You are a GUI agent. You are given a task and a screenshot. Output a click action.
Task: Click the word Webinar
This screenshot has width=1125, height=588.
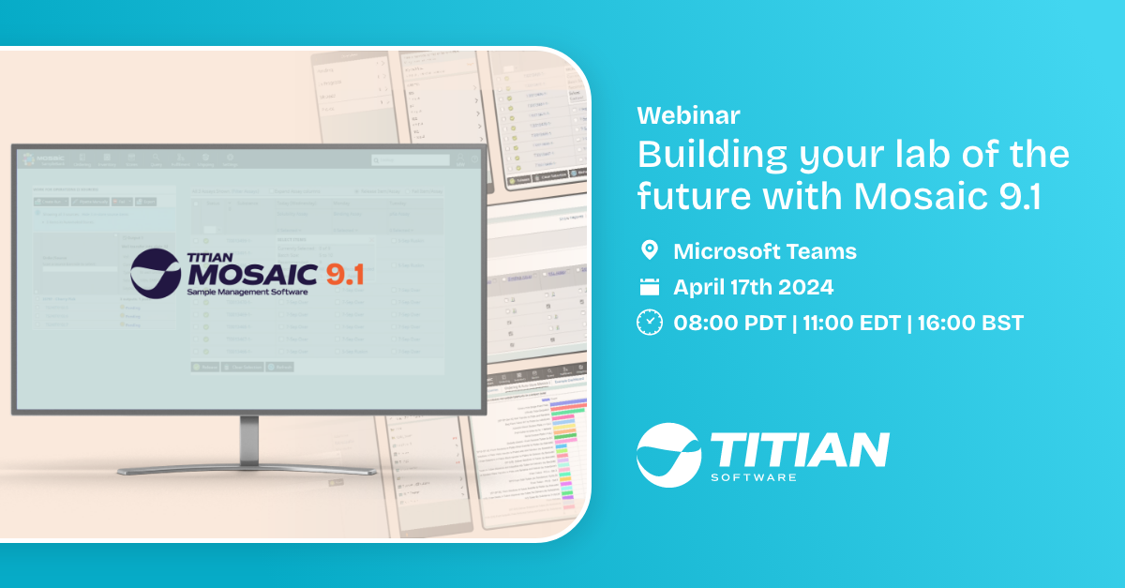tap(688, 115)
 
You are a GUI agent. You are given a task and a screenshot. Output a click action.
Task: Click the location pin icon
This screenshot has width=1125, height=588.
tap(649, 250)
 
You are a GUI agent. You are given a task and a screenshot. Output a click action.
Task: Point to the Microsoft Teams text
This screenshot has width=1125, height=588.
tap(765, 251)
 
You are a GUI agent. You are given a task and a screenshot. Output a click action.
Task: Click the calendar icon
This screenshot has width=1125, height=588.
tap(649, 287)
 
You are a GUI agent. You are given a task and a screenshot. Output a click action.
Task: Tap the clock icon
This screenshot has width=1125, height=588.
tap(649, 323)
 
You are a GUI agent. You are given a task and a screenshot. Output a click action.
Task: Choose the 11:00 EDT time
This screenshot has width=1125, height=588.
tap(850, 324)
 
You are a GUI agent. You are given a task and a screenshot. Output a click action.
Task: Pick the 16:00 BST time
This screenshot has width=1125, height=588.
tap(971, 324)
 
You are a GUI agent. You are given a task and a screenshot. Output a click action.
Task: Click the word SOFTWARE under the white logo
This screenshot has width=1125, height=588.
tap(755, 478)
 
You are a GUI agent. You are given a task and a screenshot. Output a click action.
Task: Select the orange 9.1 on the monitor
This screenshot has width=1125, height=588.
tap(340, 276)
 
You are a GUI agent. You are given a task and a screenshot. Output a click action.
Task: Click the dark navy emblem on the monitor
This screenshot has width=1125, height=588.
tap(156, 271)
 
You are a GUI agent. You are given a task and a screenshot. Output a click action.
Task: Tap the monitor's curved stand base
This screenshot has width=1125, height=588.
tap(248, 468)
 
